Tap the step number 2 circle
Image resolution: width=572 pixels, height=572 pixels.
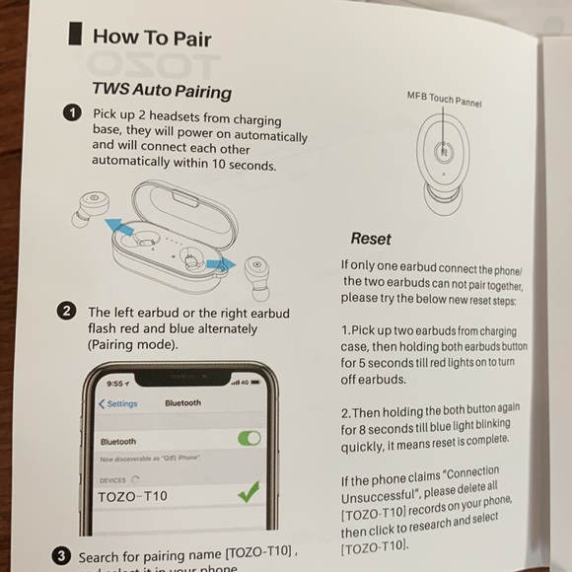(67, 312)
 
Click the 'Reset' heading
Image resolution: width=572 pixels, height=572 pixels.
(371, 239)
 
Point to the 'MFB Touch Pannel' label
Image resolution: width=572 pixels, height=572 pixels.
(444, 99)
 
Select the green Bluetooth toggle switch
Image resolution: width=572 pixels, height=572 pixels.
(250, 438)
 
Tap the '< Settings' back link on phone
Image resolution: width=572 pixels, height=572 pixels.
(118, 403)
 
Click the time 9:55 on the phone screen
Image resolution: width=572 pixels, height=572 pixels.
(118, 383)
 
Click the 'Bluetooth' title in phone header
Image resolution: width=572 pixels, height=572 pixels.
(182, 403)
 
